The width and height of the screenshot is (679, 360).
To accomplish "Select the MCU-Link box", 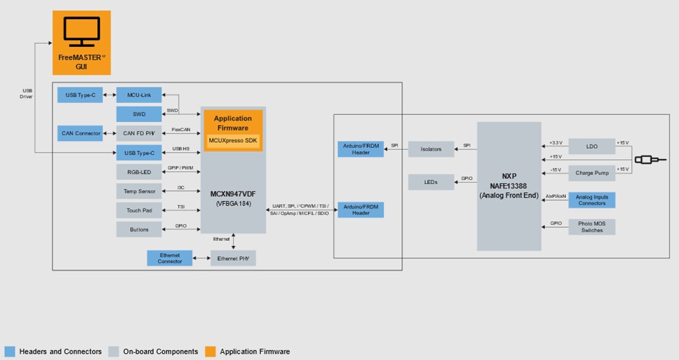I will pyautogui.click(x=139, y=96).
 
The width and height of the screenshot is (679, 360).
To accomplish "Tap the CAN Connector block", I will pyautogui.click(x=80, y=133).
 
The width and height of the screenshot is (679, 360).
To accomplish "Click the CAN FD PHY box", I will pyautogui.click(x=139, y=133).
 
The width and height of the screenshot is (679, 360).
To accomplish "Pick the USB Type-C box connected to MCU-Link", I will pyautogui.click(x=80, y=96).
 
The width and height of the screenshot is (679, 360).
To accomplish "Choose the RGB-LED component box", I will pyautogui.click(x=139, y=172).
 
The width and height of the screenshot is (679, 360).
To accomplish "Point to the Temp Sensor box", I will pyautogui.click(x=139, y=191).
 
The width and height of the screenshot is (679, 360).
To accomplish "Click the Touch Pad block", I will pyautogui.click(x=139, y=211).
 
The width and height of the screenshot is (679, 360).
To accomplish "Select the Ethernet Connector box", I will pyautogui.click(x=170, y=258).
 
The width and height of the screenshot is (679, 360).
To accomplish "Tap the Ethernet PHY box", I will pyautogui.click(x=233, y=258).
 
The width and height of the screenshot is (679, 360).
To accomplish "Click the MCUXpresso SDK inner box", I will pyautogui.click(x=233, y=141).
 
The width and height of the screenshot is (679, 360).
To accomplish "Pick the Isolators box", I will pyautogui.click(x=431, y=149).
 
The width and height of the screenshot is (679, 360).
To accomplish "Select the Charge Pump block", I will pyautogui.click(x=591, y=173).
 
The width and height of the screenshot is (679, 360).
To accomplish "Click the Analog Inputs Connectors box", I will pyautogui.click(x=591, y=200).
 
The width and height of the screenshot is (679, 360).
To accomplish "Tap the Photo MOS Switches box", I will pyautogui.click(x=591, y=227).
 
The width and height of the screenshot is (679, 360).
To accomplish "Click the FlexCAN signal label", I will pyautogui.click(x=181, y=130).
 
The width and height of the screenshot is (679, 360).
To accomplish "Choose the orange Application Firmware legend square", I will pyautogui.click(x=210, y=351).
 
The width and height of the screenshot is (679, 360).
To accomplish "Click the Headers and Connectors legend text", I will pyautogui.click(x=60, y=351).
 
